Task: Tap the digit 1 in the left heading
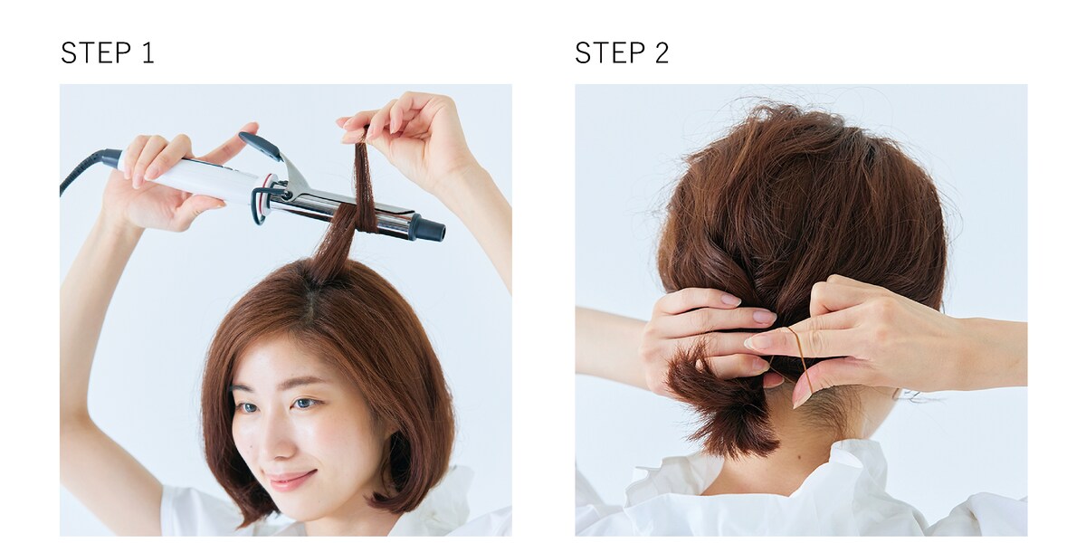pyautogui.click(x=148, y=52)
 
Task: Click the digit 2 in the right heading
pyautogui.click(x=662, y=52)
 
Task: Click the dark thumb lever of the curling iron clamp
pyautogui.click(x=260, y=145)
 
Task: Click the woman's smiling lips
pyautogui.click(x=291, y=479)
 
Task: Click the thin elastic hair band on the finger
pyautogui.click(x=801, y=354)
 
